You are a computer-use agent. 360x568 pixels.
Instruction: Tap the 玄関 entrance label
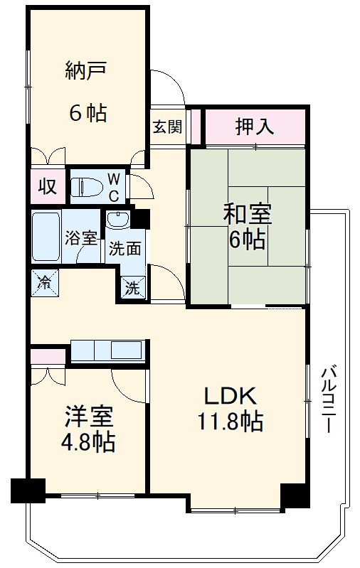click(167, 127)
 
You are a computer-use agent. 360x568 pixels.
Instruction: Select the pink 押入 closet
click(255, 127)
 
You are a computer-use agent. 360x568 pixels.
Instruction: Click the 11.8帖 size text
click(231, 422)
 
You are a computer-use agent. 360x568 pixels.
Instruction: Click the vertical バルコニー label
click(328, 398)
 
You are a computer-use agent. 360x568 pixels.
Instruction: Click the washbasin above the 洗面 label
click(119, 221)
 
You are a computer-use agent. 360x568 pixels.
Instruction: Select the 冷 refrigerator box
click(45, 282)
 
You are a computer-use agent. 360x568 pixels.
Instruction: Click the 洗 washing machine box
click(133, 289)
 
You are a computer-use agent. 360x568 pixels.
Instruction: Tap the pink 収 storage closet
click(46, 187)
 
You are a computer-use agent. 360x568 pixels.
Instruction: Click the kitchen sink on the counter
click(127, 350)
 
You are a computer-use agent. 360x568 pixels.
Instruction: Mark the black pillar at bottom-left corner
click(28, 491)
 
